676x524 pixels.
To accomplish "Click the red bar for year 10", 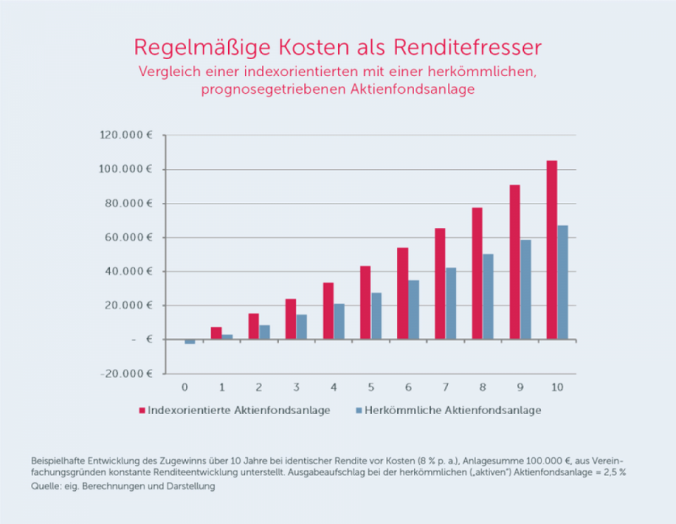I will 552,250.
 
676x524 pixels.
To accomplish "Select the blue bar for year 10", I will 563,282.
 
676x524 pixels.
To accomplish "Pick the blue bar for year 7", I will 451,304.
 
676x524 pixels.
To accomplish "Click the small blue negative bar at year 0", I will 190,342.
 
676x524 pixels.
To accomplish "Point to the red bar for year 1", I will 216,333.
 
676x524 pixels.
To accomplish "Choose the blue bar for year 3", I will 301,327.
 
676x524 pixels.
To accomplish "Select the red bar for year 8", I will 477,273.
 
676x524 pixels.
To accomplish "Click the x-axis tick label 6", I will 408,387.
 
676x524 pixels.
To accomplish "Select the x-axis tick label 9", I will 520,387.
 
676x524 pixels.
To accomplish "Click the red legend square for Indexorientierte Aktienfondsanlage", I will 141,410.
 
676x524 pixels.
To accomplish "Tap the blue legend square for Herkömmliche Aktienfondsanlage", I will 358,410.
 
